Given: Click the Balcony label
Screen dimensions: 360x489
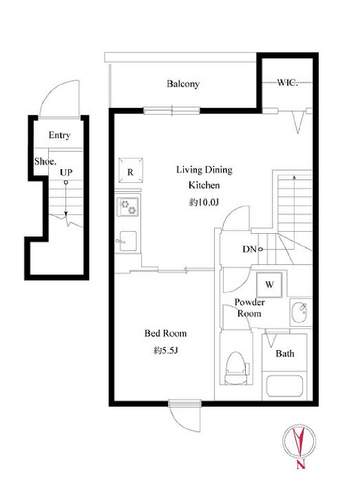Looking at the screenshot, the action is click(182, 84).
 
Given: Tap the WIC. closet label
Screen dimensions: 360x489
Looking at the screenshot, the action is click(288, 83).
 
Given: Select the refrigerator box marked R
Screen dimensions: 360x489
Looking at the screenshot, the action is click(131, 171).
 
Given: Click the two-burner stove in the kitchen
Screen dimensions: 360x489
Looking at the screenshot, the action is click(128, 207).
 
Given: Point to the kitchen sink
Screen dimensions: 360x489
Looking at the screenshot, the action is click(128, 241).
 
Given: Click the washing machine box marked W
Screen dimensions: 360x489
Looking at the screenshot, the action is click(269, 285).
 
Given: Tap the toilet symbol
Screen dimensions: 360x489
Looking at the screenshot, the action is click(236, 368).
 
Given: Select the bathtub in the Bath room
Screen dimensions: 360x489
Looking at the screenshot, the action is click(285, 385).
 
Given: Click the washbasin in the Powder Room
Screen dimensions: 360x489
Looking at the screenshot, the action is click(299, 312).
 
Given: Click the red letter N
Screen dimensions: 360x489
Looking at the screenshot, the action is click(300, 464).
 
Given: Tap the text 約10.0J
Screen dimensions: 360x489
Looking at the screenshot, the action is click(204, 202).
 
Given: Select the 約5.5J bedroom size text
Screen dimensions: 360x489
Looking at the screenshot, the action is click(166, 351).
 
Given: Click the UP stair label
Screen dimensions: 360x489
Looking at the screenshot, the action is click(66, 172).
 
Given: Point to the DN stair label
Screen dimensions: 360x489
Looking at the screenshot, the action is click(249, 249).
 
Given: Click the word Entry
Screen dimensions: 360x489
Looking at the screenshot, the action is click(59, 135).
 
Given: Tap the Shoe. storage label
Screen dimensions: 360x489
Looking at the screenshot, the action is click(45, 161).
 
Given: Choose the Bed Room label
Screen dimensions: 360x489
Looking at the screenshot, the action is click(165, 333).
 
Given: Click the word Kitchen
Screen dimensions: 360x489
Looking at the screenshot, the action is click(204, 185).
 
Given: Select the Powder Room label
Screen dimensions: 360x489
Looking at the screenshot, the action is click(249, 307).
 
